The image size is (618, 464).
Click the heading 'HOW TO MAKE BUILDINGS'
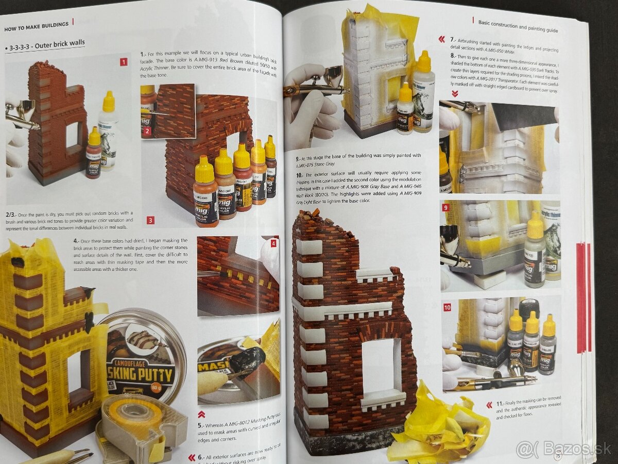coord(36,24)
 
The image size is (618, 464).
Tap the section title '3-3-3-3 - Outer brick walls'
coord(45,43)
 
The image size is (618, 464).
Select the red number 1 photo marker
coord(124,62)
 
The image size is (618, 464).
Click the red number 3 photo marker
coord(150,220)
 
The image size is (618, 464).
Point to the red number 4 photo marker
coord(273,243)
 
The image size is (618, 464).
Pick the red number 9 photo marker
coord(446,207)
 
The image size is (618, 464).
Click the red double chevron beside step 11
coord(489,405)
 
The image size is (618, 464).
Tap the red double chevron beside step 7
coord(442,39)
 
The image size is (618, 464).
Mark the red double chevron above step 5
coord(201,414)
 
